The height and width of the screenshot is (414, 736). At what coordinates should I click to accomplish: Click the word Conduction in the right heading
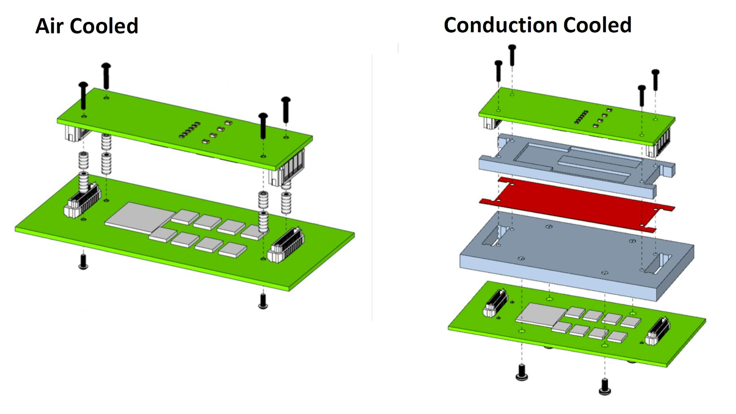click(500, 25)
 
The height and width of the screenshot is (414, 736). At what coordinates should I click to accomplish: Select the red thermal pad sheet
click(575, 203)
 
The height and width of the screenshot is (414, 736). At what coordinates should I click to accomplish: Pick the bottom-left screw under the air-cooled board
click(83, 261)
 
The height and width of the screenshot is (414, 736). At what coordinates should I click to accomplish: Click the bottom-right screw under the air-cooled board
click(263, 301)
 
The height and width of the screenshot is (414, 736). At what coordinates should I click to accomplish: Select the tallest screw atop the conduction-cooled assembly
click(512, 55)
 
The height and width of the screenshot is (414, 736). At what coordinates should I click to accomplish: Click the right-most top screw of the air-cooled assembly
click(286, 109)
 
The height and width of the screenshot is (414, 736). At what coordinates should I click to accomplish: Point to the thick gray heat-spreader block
click(575, 257)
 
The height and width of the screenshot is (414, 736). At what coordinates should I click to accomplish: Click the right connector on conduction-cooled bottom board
click(658, 332)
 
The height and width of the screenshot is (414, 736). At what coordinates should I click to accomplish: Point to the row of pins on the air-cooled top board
click(189, 130)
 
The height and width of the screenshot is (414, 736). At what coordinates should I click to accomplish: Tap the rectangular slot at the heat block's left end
click(495, 236)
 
